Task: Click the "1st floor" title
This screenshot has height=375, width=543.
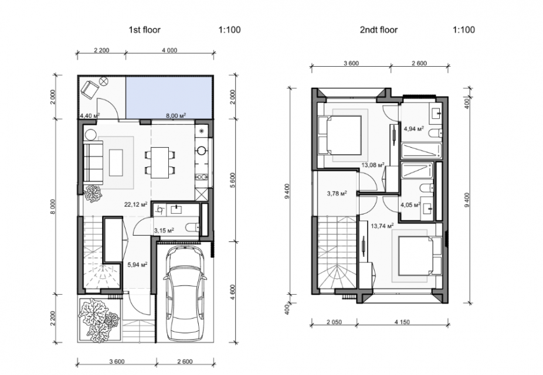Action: tap(144, 30)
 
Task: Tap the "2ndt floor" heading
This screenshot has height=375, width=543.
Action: tap(378, 30)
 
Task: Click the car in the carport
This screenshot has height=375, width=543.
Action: tap(185, 294)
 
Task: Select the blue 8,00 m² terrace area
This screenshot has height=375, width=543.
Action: tap(169, 97)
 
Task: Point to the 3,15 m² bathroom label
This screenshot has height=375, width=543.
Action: tap(164, 230)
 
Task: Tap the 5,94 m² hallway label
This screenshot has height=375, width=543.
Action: tap(137, 265)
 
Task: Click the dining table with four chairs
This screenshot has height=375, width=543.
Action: tap(159, 162)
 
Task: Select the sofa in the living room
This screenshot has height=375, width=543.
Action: tap(93, 162)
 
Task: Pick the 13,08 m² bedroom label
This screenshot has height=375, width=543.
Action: tap(373, 165)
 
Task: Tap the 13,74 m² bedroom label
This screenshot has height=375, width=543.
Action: tap(382, 226)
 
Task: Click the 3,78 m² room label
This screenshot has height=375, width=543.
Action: tap(337, 193)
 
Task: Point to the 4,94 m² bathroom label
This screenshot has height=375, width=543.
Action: tap(414, 129)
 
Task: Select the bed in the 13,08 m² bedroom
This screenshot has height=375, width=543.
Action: tap(340, 135)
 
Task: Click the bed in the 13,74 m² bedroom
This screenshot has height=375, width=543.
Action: tap(420, 255)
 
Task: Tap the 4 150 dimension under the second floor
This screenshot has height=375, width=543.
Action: tap(402, 322)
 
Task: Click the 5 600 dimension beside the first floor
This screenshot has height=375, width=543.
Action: tap(232, 180)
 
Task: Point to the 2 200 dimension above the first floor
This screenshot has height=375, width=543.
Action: tap(101, 50)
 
